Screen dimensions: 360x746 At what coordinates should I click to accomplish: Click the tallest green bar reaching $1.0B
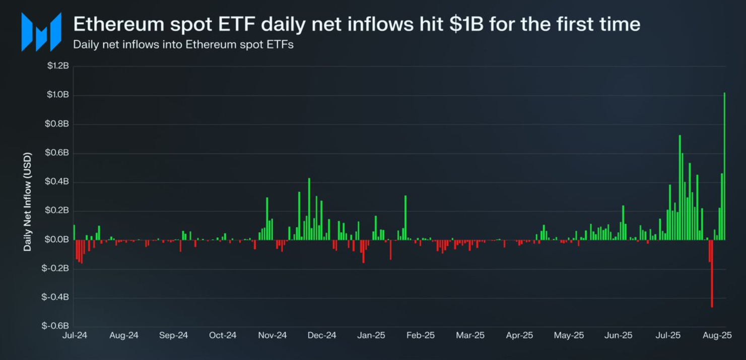724,166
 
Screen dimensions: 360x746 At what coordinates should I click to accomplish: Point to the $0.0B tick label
57,240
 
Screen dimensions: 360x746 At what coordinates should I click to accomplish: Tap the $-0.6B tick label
55,326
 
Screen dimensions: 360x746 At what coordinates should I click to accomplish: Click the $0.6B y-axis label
57,153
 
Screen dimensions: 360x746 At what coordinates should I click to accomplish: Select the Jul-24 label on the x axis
74,335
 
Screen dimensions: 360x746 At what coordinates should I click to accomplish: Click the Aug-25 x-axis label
717,335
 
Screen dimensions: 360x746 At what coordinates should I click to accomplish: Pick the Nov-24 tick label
272,335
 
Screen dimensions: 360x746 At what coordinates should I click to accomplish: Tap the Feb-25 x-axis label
420,335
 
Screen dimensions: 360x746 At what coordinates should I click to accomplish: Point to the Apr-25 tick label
519,335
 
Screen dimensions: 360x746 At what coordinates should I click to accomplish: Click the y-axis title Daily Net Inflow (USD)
27,201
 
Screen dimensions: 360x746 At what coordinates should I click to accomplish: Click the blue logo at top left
41,32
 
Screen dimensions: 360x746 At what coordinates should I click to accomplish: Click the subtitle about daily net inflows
183,44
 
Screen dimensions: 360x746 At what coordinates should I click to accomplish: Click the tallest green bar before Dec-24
309,209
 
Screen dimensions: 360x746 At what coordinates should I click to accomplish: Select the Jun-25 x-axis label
618,335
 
